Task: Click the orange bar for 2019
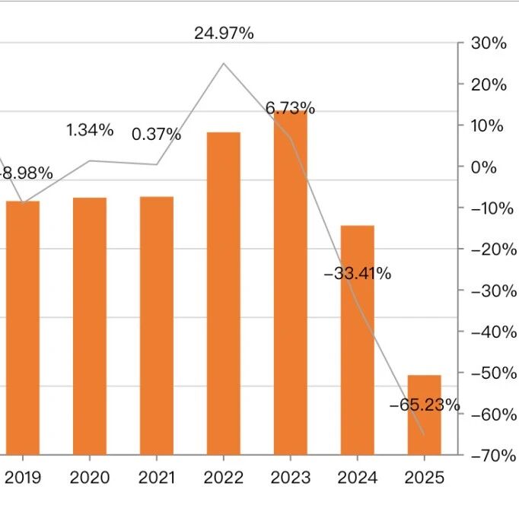coord(23,327)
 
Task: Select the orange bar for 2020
coord(90,326)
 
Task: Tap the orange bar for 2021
coord(157,326)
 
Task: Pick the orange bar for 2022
coord(224,293)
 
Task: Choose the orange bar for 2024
coord(357,339)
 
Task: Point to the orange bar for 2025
coord(424,415)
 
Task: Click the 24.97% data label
coord(224,33)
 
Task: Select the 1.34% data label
coord(90,130)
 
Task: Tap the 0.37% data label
coord(157,135)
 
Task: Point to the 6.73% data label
coord(290,109)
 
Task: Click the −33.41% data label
coord(357,274)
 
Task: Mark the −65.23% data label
coord(425,405)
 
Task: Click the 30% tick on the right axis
coord(489,43)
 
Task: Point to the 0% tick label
coord(484,167)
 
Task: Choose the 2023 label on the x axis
coord(290,478)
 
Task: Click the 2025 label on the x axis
coord(424,478)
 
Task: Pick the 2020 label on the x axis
coord(90,478)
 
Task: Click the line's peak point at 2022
coord(224,63)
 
